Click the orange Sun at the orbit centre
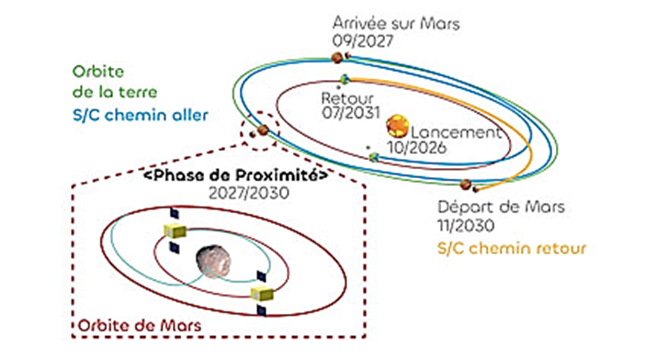point(398,125)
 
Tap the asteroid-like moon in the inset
point(215,262)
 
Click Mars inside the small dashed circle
point(262,130)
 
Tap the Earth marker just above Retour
point(346,78)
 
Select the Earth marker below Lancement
point(374,157)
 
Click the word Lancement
point(458,132)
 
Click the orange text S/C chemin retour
point(508,247)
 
